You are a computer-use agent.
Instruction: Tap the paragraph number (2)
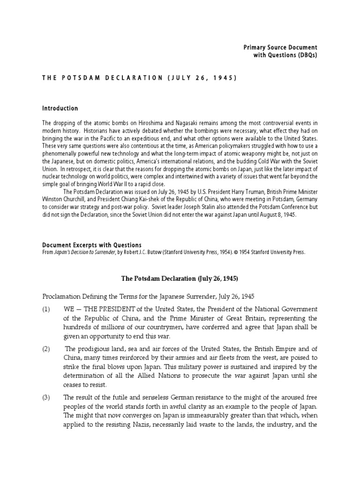tap(46, 349)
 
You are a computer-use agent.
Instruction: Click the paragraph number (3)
tap(46, 397)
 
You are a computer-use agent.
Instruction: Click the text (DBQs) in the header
tap(304, 56)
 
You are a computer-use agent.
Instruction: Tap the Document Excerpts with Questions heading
tap(91, 245)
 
